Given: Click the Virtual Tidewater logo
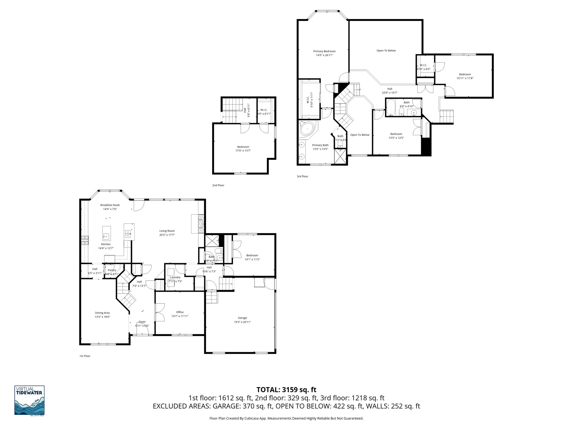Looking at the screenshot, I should pyautogui.click(x=29, y=400).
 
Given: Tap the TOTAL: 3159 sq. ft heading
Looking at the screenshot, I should pyautogui.click(x=286, y=390).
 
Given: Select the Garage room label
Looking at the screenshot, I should pyautogui.click(x=242, y=318).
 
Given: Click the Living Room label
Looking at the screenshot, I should pyautogui.click(x=167, y=231).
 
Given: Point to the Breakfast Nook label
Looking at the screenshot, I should pyautogui.click(x=110, y=205).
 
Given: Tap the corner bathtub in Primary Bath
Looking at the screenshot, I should pyautogui.click(x=307, y=129).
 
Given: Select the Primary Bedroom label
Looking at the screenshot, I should pyautogui.click(x=324, y=51).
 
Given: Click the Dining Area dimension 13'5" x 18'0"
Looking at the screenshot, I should pyautogui.click(x=102, y=317).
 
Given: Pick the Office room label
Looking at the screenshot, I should pyautogui.click(x=180, y=312).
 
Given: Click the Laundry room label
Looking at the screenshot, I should pyautogui.click(x=175, y=277).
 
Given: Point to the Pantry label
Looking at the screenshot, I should pyautogui.click(x=112, y=270).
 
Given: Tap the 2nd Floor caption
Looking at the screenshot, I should pyautogui.click(x=218, y=185).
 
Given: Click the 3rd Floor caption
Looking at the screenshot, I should pyautogui.click(x=302, y=176).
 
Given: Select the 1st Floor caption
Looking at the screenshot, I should pyautogui.click(x=85, y=356).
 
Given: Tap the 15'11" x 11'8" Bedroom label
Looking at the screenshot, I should pyautogui.click(x=465, y=74).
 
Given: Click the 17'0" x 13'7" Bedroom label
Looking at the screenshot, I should pyautogui.click(x=243, y=147).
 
